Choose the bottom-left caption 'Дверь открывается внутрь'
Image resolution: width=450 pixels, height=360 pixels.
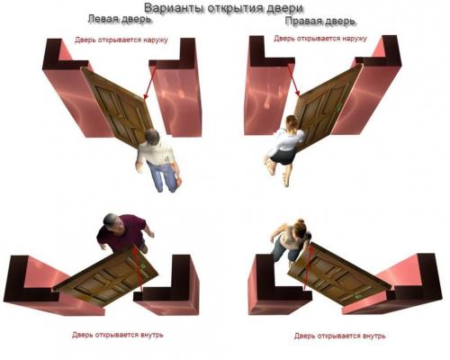pyautogui.click(x=118, y=335)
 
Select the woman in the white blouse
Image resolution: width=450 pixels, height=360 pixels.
pyautogui.click(x=286, y=144)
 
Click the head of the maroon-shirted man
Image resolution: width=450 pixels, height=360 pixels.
pyautogui.click(x=110, y=221)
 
